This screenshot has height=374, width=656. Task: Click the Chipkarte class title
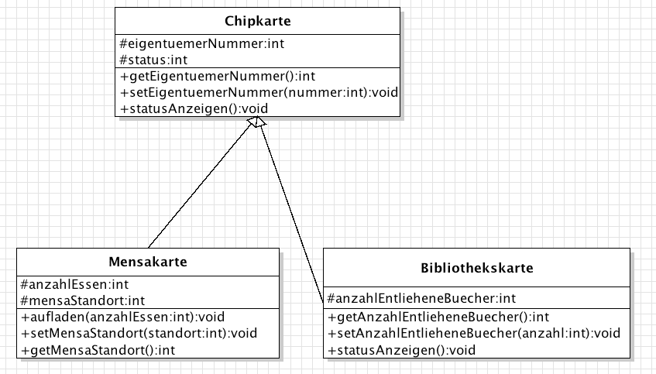click(x=257, y=21)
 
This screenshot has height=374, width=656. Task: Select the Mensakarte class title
click(x=148, y=262)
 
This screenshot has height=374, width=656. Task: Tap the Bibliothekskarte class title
click(x=477, y=268)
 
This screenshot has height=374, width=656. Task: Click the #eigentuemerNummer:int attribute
click(x=202, y=43)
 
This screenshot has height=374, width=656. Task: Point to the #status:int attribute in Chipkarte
click(x=153, y=60)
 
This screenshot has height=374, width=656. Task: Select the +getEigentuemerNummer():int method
click(x=218, y=76)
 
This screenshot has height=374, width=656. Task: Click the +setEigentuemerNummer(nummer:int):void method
click(x=259, y=92)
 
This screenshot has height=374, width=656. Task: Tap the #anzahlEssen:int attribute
click(x=74, y=284)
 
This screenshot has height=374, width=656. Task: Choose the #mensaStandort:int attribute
click(x=82, y=300)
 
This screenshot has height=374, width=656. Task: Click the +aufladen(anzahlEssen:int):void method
click(x=123, y=317)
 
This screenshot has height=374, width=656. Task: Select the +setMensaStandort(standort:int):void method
click(x=139, y=334)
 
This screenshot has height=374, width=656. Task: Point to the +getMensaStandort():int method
click(x=98, y=350)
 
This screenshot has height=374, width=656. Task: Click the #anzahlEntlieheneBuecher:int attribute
click(x=421, y=298)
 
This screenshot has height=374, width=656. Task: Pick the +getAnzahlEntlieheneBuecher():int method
click(x=438, y=317)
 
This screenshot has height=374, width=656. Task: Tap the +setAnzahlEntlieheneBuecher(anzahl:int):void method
click(x=474, y=333)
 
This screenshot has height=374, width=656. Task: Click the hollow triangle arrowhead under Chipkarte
click(x=257, y=122)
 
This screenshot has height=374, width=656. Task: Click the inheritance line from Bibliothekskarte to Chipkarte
click(x=292, y=214)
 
